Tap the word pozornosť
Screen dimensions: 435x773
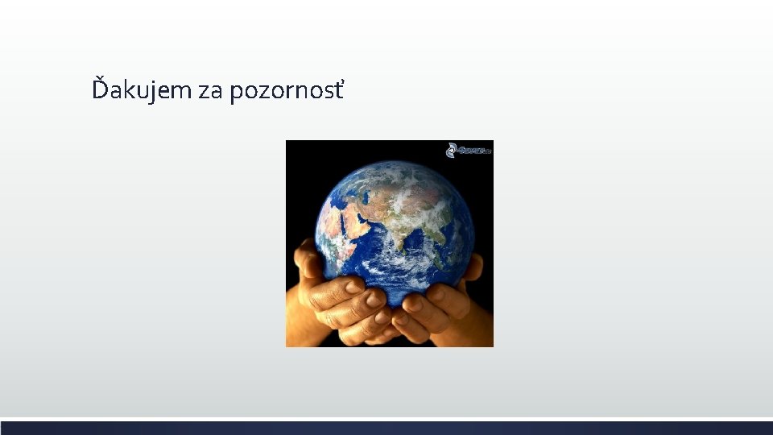(x=287, y=91)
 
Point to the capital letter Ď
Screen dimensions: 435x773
(x=100, y=89)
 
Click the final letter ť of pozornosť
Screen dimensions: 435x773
(x=338, y=89)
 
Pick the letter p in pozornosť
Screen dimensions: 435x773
(x=236, y=93)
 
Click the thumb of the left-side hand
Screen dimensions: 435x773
(x=306, y=256)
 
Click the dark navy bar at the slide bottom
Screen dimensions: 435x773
(x=386, y=428)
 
